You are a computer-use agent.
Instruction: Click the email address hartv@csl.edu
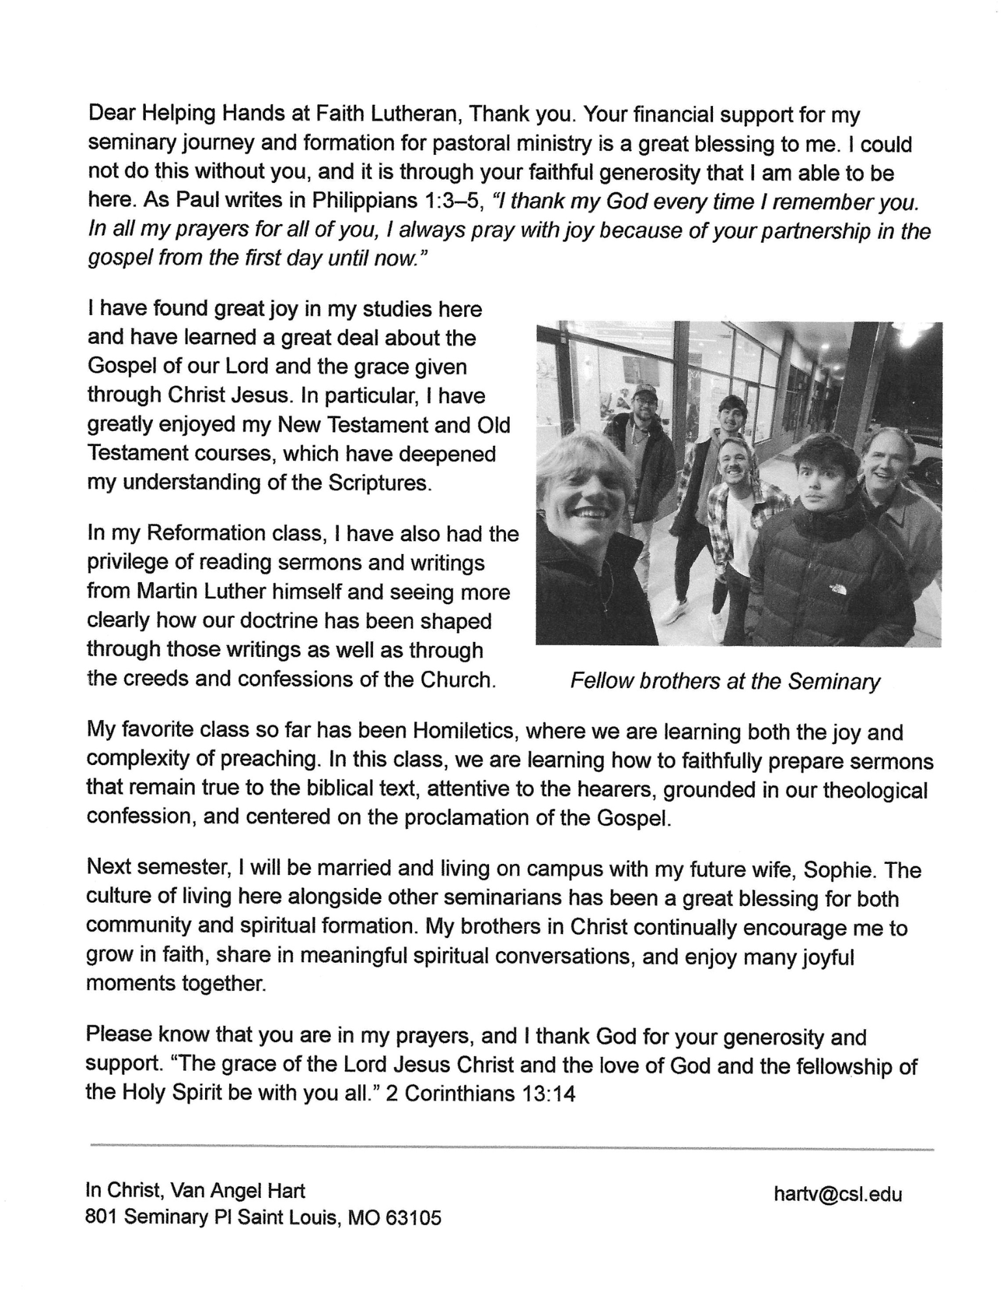(837, 1194)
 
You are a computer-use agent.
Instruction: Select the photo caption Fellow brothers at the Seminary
(725, 682)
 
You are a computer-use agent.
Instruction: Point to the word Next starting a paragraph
(109, 870)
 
